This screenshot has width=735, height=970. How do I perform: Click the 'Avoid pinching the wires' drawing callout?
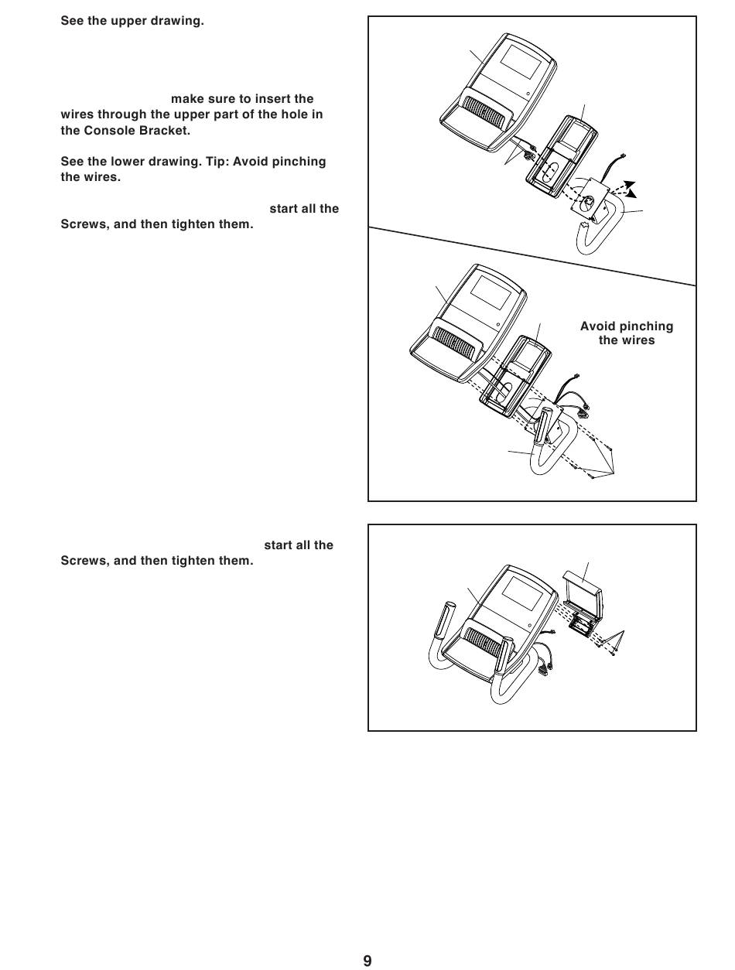click(x=627, y=333)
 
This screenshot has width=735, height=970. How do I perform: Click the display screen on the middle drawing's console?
click(x=492, y=291)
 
